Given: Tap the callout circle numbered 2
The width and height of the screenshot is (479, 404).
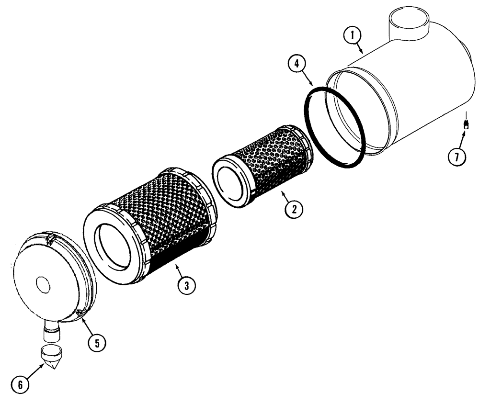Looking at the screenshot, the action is point(293,208).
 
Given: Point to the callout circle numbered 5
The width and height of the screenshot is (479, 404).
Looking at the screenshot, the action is point(97,343).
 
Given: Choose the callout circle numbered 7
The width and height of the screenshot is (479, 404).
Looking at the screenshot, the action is point(457,156).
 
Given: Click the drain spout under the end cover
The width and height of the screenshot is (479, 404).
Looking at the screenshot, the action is point(49,330).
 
